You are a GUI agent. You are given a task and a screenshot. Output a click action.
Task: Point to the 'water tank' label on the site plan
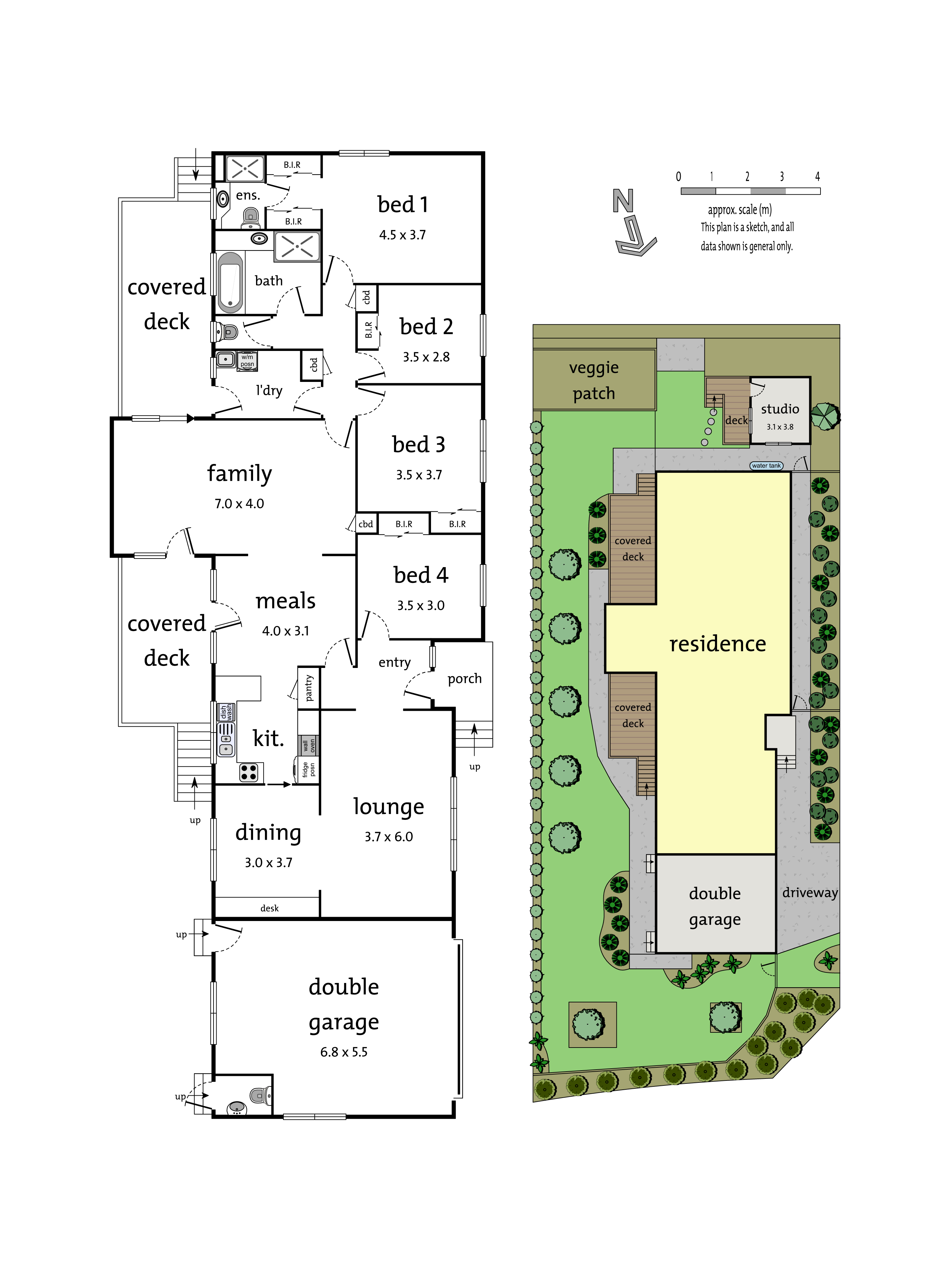[766, 466]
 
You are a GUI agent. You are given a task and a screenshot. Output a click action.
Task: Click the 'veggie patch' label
[594, 380]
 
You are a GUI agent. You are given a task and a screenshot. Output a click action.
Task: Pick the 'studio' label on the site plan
[780, 409]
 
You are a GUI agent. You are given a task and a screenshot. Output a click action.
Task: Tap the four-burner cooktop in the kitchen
[249, 772]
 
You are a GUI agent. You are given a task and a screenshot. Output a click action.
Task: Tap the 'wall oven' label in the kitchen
[309, 745]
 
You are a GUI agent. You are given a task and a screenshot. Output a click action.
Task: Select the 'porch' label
[464, 679]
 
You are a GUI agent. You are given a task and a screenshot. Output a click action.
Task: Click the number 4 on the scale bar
[818, 177]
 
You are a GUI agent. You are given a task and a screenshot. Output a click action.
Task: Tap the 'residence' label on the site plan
[718, 644]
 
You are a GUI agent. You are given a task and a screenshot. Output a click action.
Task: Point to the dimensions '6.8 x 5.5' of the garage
[344, 1052]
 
